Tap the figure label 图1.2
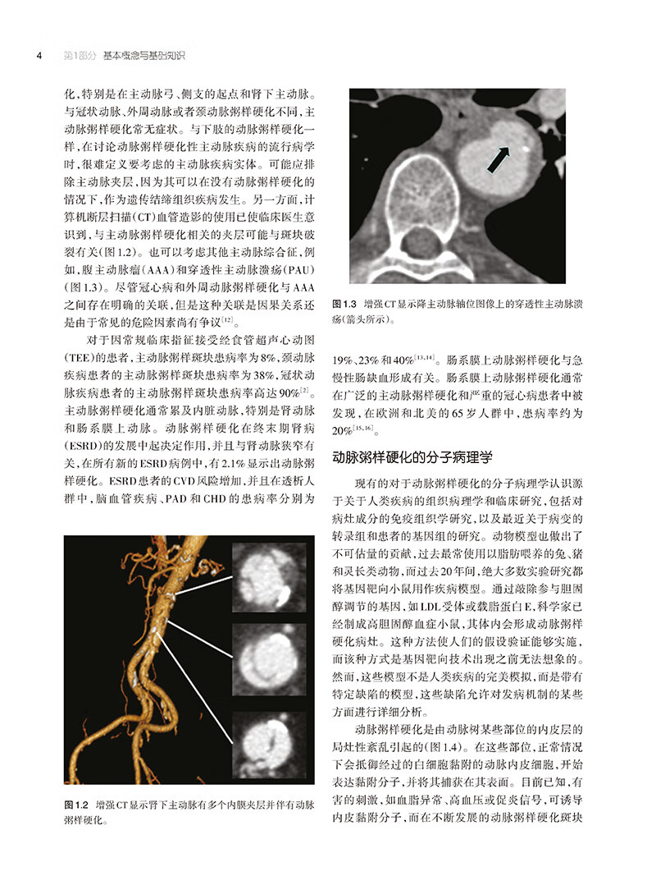pos(77,804)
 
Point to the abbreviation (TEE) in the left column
pos(80,360)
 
